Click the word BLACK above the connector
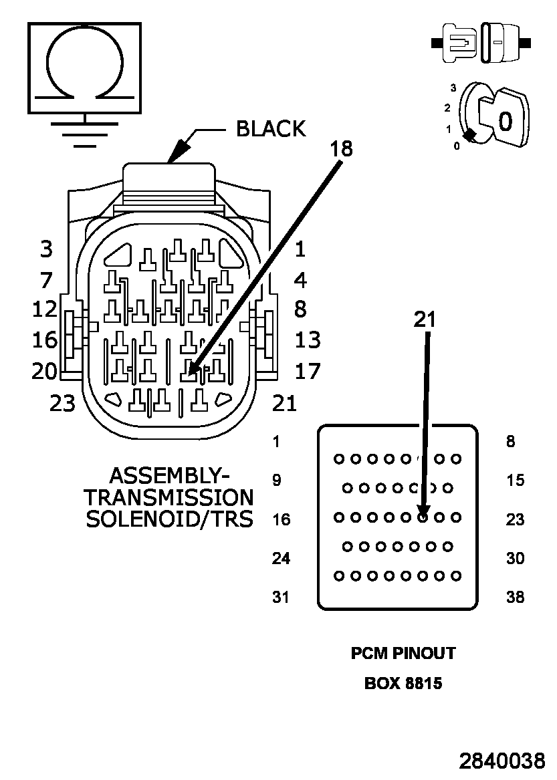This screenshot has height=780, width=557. pyautogui.click(x=271, y=129)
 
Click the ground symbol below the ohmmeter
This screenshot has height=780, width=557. pyautogui.click(x=85, y=131)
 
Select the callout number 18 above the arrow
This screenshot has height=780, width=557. pyautogui.click(x=342, y=148)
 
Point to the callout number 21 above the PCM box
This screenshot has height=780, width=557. pyautogui.click(x=425, y=319)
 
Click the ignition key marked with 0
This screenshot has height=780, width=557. pyautogui.click(x=503, y=118)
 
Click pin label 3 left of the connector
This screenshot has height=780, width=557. pyautogui.click(x=46, y=249)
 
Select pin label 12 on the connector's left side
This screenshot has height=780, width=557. pyautogui.click(x=45, y=309)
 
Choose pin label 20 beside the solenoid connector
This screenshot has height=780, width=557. pyautogui.click(x=45, y=371)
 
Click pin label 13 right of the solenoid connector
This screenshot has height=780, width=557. pyautogui.click(x=308, y=340)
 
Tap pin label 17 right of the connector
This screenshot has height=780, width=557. pyautogui.click(x=308, y=371)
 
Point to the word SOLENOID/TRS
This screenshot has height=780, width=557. pyautogui.click(x=170, y=519)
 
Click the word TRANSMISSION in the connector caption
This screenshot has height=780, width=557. pyautogui.click(x=169, y=497)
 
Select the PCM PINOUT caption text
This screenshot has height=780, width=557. pyautogui.click(x=403, y=653)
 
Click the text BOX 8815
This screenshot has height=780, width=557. pyautogui.click(x=403, y=684)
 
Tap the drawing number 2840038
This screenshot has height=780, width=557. pyautogui.click(x=502, y=761)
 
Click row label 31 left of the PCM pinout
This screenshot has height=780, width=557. pyautogui.click(x=281, y=597)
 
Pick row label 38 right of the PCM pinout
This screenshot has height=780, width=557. pyautogui.click(x=515, y=597)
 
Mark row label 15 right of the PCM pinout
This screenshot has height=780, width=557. pyautogui.click(x=515, y=480)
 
